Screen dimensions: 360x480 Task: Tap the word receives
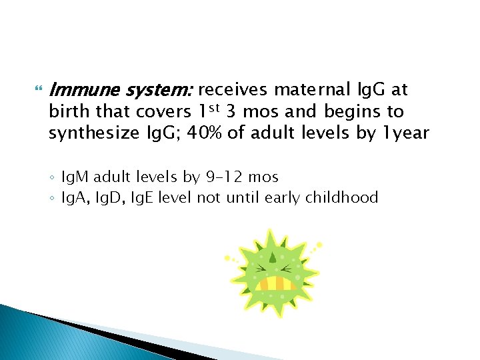232,89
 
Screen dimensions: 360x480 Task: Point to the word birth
65,111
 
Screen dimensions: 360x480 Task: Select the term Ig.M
75,177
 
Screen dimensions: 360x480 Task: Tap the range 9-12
220,177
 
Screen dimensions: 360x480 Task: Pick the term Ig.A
74,197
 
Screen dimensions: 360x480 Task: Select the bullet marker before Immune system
37,89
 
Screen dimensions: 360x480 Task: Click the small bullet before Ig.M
53,178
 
